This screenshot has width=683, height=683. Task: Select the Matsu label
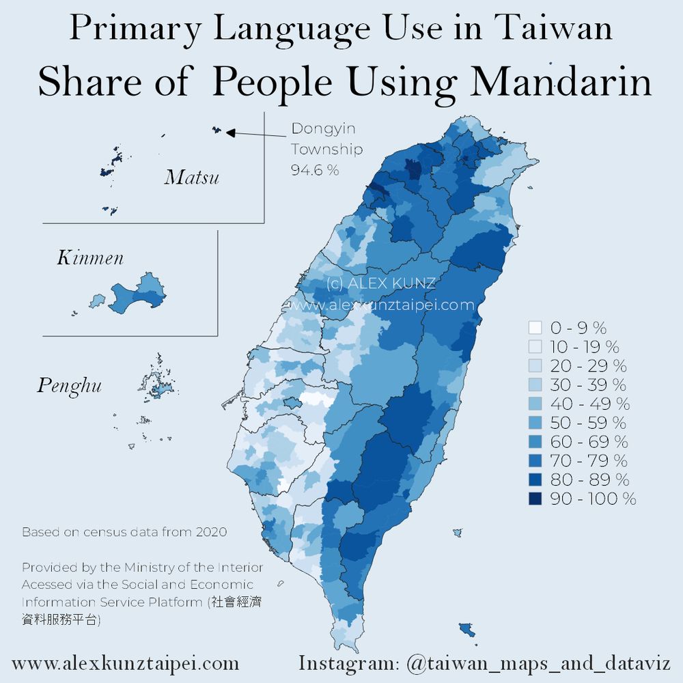[x=192, y=178]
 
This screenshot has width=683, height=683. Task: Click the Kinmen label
[x=90, y=257]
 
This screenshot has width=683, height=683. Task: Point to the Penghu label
[x=69, y=386]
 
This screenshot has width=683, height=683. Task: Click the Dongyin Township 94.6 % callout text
[x=326, y=150]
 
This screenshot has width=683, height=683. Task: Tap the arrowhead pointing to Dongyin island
[x=230, y=133]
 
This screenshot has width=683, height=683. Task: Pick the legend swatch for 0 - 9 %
[x=535, y=327]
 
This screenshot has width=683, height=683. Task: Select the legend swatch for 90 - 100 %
[x=535, y=499]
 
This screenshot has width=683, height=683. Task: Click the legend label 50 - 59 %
[x=589, y=422]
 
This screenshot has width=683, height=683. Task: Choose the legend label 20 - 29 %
[x=589, y=365]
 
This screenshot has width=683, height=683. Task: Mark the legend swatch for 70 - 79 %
[x=535, y=460]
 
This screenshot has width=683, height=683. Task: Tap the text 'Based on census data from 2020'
[x=124, y=531]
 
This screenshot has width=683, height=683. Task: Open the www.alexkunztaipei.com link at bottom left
[x=126, y=663]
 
